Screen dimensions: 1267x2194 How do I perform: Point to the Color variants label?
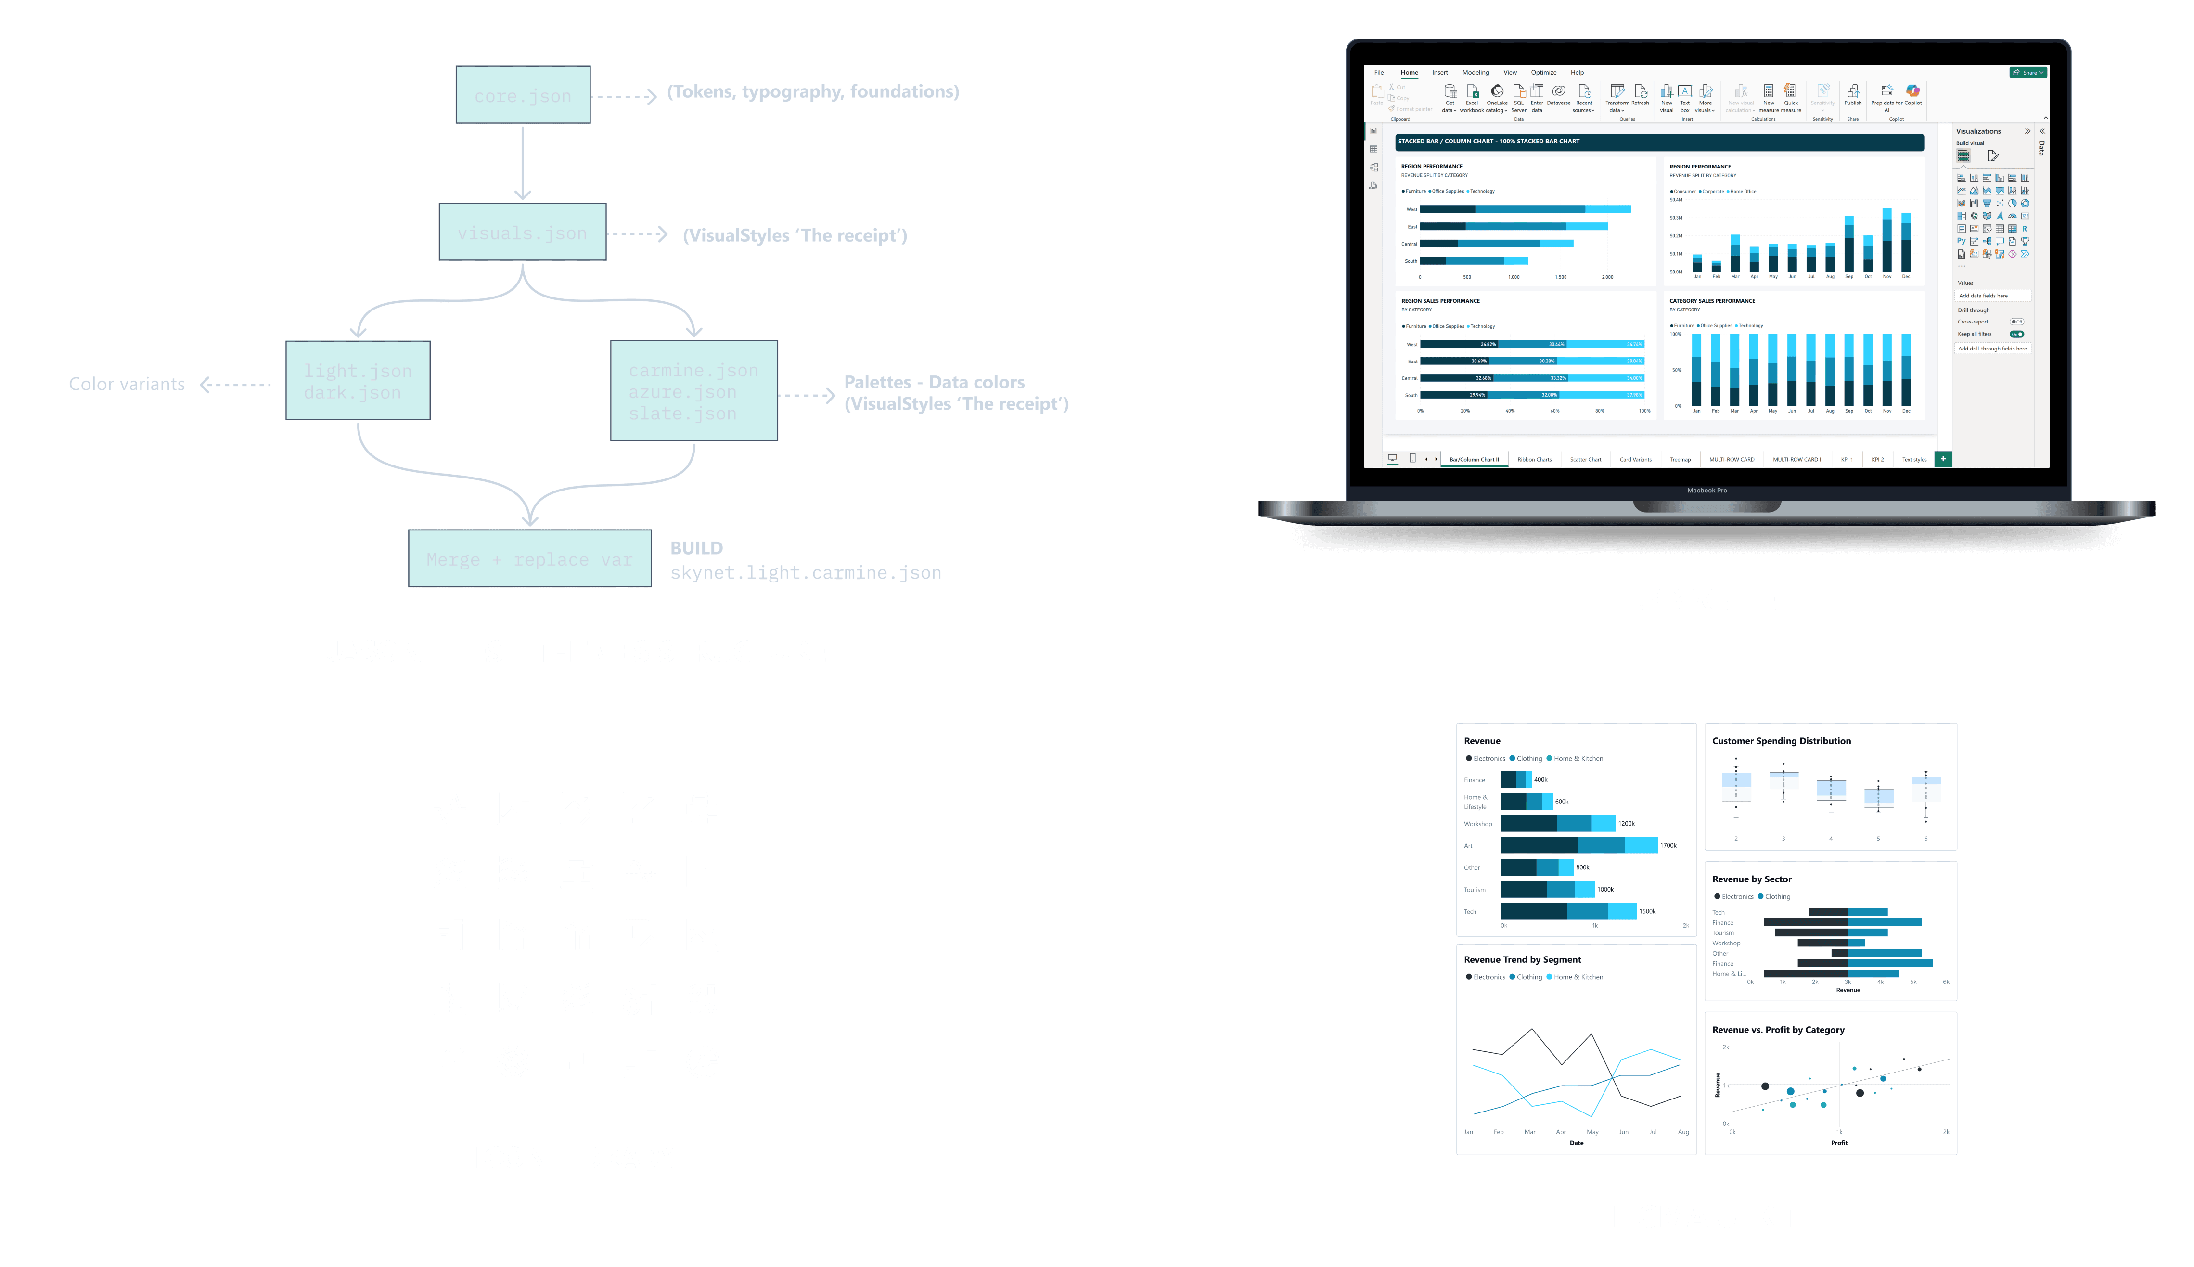pyautogui.click(x=127, y=384)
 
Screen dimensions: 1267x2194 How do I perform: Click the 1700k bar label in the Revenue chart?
pyautogui.click(x=1668, y=845)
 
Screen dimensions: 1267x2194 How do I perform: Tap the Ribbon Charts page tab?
pyautogui.click(x=1535, y=459)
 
